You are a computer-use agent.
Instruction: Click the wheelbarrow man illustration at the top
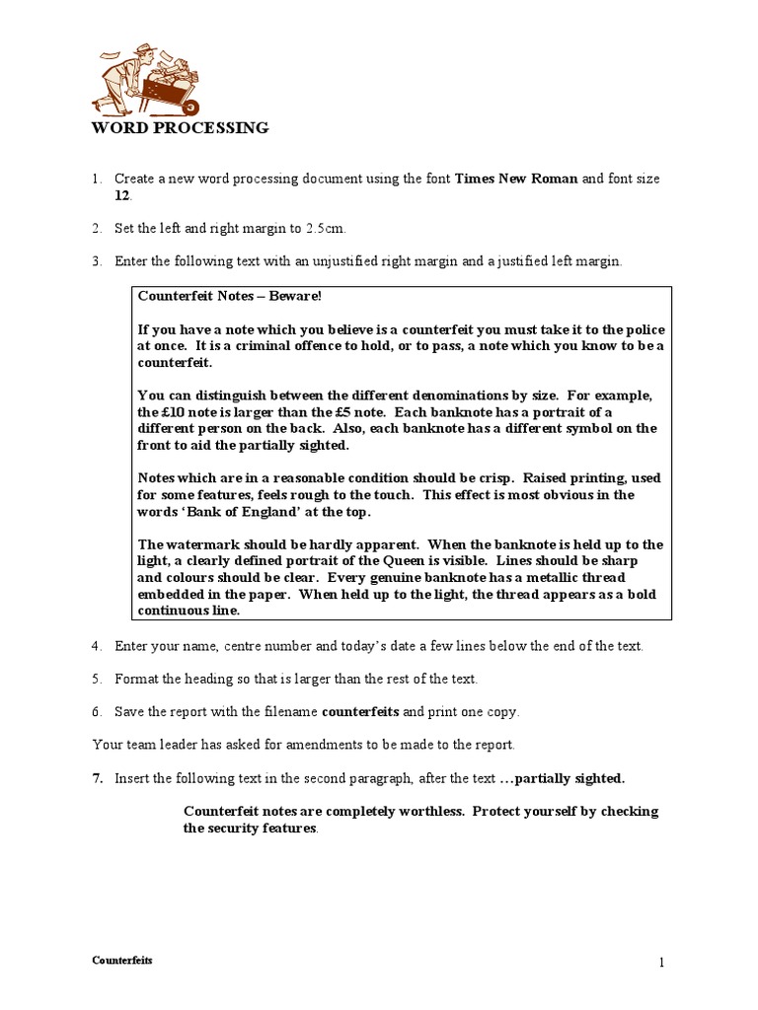[146, 80]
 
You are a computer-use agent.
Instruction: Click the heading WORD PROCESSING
[180, 128]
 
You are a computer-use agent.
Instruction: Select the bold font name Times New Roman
[515, 180]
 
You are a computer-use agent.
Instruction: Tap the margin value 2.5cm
[325, 229]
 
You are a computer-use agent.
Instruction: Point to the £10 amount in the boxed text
[175, 412]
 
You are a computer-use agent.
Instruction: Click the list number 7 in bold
[98, 778]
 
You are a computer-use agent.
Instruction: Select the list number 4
[97, 646]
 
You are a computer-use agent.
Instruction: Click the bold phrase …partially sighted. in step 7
[563, 778]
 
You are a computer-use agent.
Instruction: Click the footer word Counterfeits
[122, 960]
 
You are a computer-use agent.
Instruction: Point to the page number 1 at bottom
[663, 963]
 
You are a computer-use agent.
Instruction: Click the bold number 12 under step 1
[122, 195]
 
